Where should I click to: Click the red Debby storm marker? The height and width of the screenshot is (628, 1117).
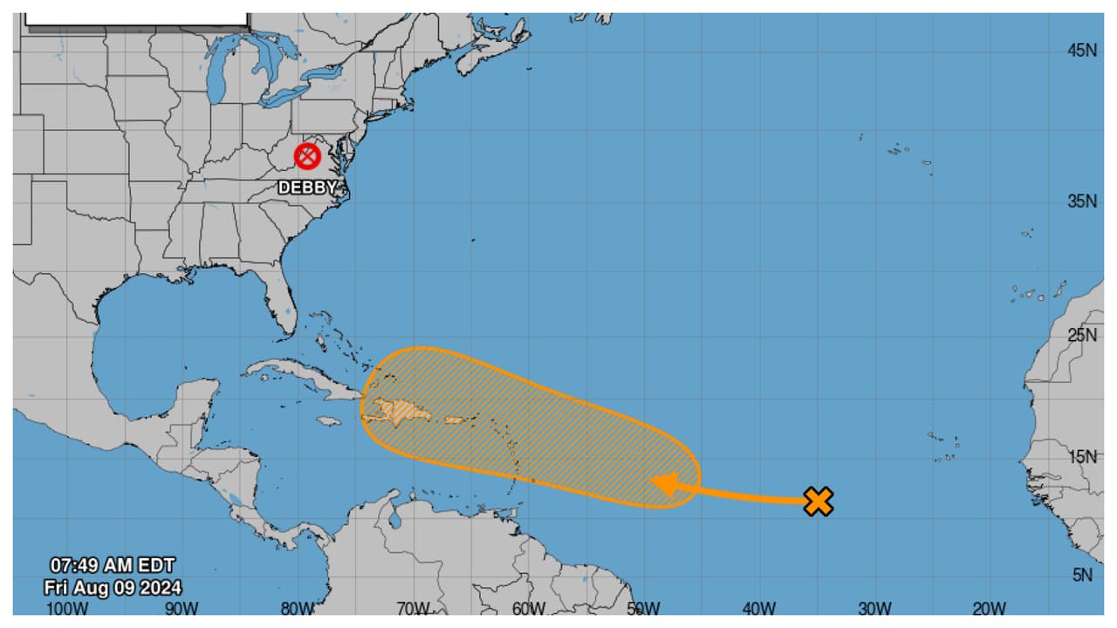tap(307, 157)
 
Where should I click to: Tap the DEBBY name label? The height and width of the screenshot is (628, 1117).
tap(307, 188)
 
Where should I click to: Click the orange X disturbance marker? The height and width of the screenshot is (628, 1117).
tap(818, 501)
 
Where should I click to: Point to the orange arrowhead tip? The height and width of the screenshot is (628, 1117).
tap(652, 484)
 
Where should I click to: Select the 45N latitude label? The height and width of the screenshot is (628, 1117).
tap(1082, 51)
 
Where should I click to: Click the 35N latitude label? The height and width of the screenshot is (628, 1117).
tap(1082, 201)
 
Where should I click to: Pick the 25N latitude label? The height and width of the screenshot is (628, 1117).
tap(1082, 336)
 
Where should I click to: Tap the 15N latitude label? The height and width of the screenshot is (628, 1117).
tap(1082, 456)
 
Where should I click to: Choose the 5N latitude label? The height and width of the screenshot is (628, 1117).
tap(1082, 574)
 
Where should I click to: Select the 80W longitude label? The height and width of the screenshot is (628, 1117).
tap(298, 609)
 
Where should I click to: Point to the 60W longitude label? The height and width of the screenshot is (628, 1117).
tap(529, 609)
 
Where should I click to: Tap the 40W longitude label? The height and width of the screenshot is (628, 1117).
tap(759, 609)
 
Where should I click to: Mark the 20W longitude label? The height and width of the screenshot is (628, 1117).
tap(989, 609)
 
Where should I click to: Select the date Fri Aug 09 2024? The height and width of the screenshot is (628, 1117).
tap(113, 587)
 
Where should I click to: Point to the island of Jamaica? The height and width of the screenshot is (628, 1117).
tap(329, 421)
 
